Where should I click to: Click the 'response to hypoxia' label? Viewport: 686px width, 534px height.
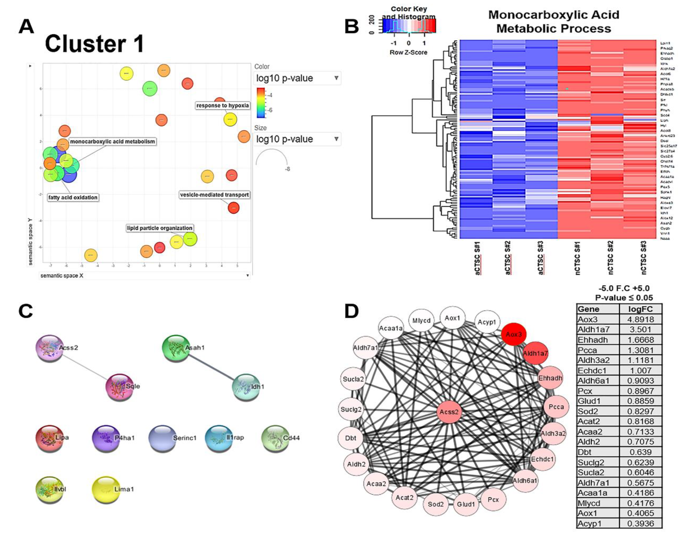[x=222, y=105]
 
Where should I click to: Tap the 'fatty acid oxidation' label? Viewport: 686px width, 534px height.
[x=73, y=197]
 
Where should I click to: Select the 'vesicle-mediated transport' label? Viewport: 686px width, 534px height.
[x=214, y=195]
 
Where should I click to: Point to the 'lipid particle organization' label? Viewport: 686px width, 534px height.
[x=160, y=228]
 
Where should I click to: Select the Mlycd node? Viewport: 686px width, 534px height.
[x=421, y=321]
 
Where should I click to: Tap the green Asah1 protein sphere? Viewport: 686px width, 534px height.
[x=176, y=348]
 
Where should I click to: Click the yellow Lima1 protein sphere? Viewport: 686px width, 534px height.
[x=106, y=489]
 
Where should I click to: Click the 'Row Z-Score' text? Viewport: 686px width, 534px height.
[x=408, y=52]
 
